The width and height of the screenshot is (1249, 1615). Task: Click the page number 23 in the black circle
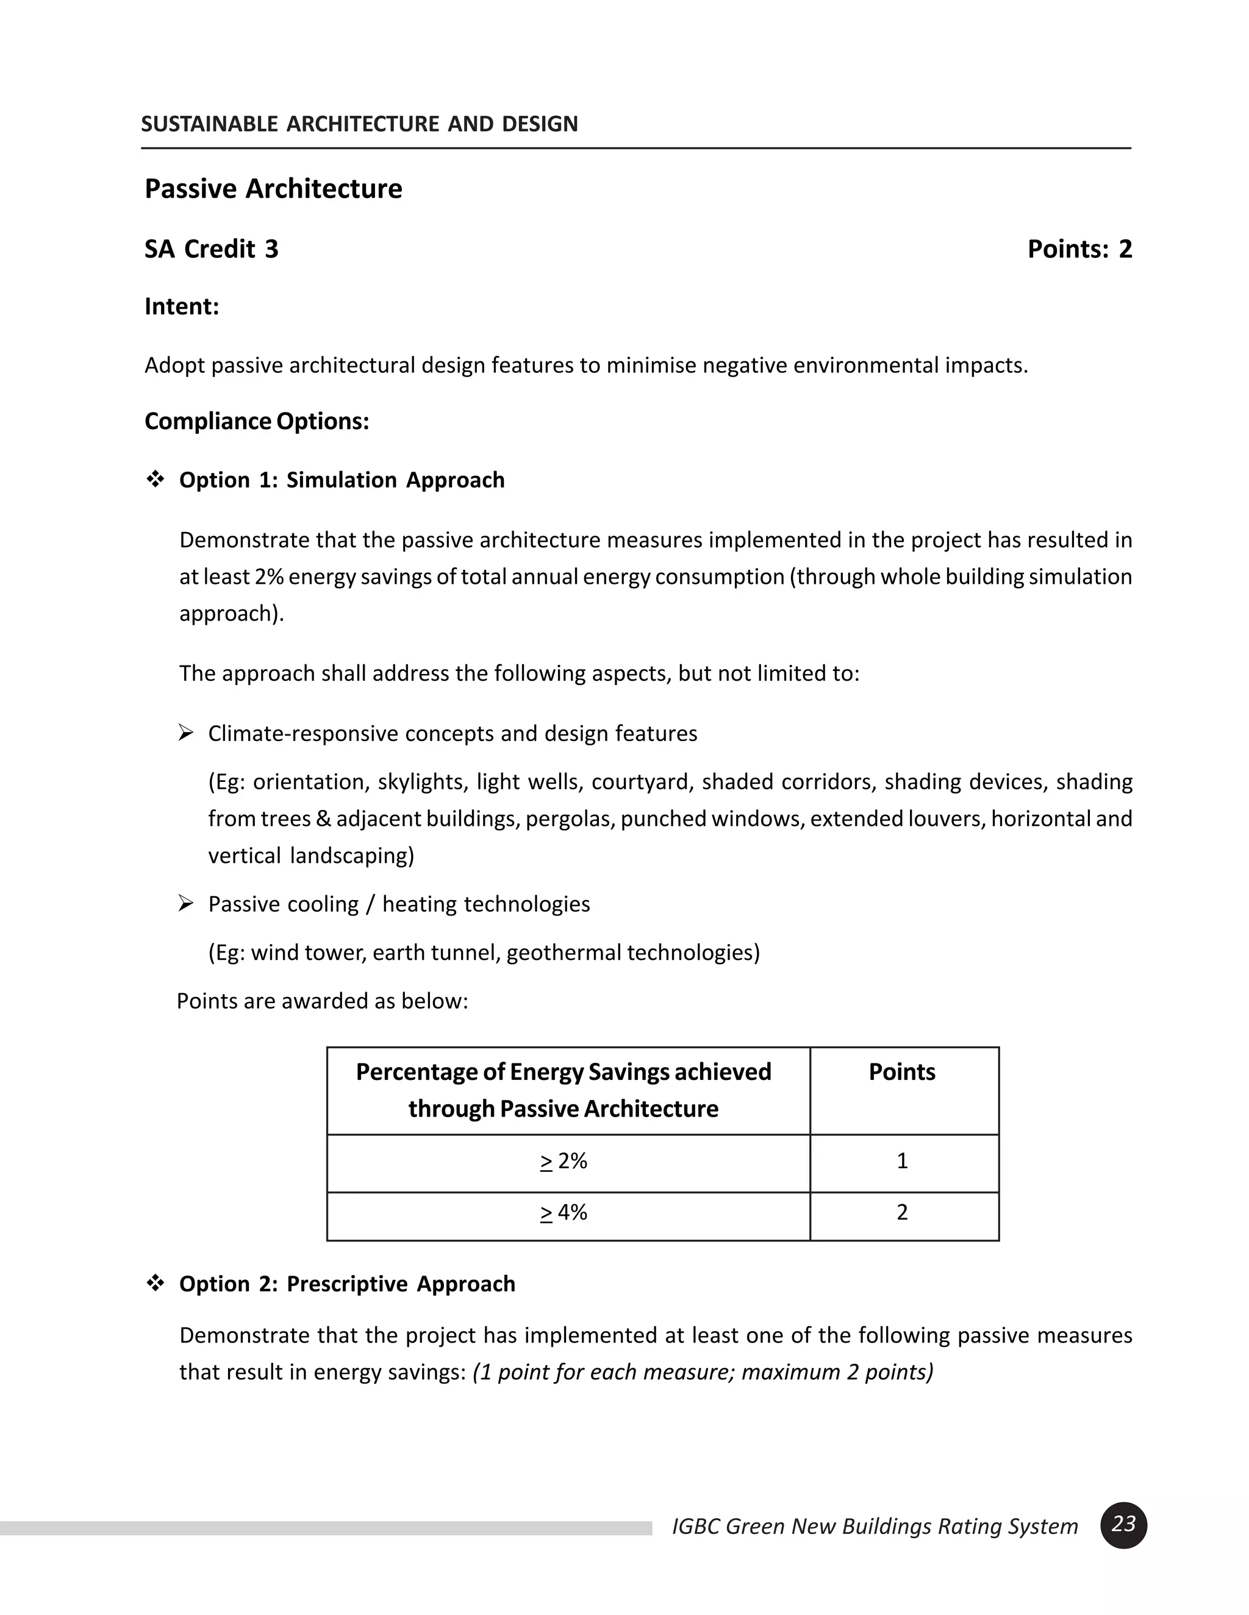pos(1123,1524)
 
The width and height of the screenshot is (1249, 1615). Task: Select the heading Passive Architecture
pos(273,188)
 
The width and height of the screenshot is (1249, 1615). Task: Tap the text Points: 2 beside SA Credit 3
pos(1079,249)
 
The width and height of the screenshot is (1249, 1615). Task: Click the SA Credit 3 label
pos(211,249)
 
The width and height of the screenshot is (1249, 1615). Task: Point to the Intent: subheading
pos(181,306)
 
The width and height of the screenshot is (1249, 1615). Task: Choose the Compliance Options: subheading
pos(256,421)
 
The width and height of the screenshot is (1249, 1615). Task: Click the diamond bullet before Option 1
pos(155,479)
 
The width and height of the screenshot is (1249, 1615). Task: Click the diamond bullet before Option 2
pos(155,1283)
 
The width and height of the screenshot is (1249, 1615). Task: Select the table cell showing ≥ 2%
pos(564,1161)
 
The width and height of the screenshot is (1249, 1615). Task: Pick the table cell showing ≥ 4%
pos(564,1213)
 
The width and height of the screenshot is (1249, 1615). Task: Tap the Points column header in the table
pos(901,1072)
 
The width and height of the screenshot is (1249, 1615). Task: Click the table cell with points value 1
pos(901,1161)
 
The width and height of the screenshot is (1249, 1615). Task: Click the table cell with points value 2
pos(901,1213)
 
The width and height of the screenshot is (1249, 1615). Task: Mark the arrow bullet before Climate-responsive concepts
pos(186,733)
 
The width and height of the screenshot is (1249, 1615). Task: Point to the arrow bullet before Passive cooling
pos(186,903)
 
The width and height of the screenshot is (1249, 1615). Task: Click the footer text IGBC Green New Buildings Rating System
pos(875,1526)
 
